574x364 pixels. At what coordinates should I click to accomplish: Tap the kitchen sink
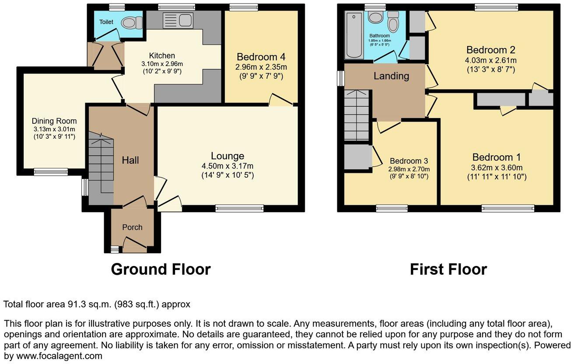177,20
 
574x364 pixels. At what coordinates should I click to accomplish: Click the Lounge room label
227,156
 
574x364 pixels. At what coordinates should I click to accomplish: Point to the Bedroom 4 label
261,57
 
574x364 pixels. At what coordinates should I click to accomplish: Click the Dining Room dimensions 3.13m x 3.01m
54,129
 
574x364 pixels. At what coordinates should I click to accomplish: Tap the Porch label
132,227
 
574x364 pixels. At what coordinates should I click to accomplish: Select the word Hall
130,160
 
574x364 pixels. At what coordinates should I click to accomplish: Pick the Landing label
391,76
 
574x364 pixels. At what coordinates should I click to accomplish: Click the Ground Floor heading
161,269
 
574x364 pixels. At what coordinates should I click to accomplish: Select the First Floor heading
448,269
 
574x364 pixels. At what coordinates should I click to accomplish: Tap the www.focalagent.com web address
53,356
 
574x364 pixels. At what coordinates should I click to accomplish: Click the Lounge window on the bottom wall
239,209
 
